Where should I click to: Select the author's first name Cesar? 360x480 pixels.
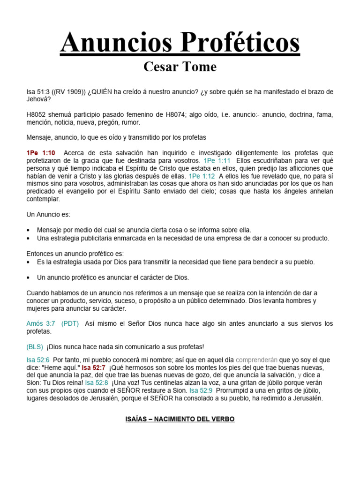[160, 67]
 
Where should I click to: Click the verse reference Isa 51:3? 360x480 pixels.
[39, 92]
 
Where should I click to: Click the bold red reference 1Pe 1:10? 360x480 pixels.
[41, 153]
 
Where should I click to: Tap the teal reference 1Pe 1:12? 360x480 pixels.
[202, 176]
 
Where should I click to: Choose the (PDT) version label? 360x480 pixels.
[70, 323]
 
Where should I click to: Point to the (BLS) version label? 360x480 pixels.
[35, 346]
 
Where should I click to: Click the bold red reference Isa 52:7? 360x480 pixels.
[94, 367]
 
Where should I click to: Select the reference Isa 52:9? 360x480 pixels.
[201, 390]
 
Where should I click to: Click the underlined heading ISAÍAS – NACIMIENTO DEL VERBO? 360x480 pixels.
[180, 419]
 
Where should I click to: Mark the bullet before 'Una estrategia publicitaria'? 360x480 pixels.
[29, 238]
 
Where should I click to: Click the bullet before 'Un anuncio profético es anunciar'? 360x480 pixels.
[29, 277]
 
